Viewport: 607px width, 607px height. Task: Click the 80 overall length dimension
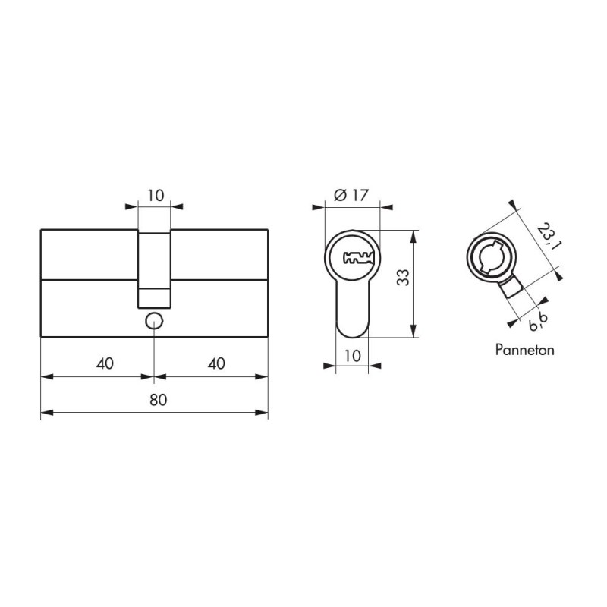click(x=159, y=400)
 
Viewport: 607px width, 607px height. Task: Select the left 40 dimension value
click(x=105, y=363)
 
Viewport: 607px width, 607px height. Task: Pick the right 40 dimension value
click(x=216, y=363)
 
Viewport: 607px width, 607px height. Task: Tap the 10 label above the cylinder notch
click(x=156, y=196)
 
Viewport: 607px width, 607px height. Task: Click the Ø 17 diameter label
click(x=351, y=195)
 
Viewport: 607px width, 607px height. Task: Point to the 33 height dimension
click(x=403, y=277)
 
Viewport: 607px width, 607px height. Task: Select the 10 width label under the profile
click(x=352, y=356)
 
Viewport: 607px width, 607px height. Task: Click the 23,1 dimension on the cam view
click(x=549, y=236)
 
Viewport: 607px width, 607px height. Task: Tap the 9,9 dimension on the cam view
click(x=539, y=322)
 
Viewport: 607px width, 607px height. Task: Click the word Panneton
click(x=525, y=350)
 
